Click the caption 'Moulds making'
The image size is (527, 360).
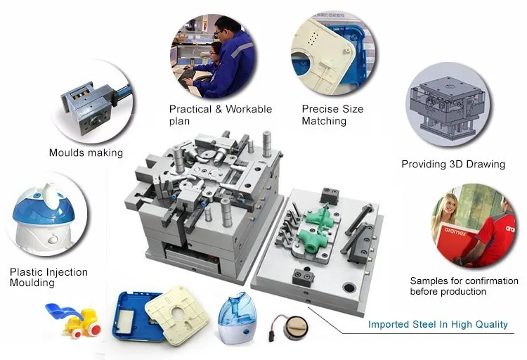(86, 153)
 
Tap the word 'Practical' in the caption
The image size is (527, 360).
(190, 109)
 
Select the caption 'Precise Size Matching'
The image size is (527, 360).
(332, 115)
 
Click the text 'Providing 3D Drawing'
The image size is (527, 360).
(453, 165)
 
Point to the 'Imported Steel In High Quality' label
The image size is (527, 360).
(438, 324)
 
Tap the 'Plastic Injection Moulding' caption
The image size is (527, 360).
(48, 277)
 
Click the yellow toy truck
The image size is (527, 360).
(83, 323)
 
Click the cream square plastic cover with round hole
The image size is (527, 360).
(178, 313)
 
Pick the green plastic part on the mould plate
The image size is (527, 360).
(319, 229)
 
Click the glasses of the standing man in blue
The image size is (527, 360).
(219, 32)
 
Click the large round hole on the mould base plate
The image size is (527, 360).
(349, 288)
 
